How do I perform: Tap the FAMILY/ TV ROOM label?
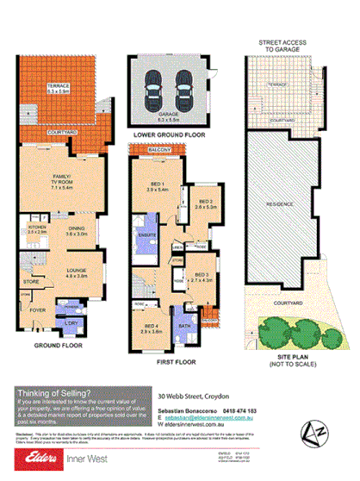tap(65, 170)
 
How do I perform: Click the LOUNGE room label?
tap(77, 273)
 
